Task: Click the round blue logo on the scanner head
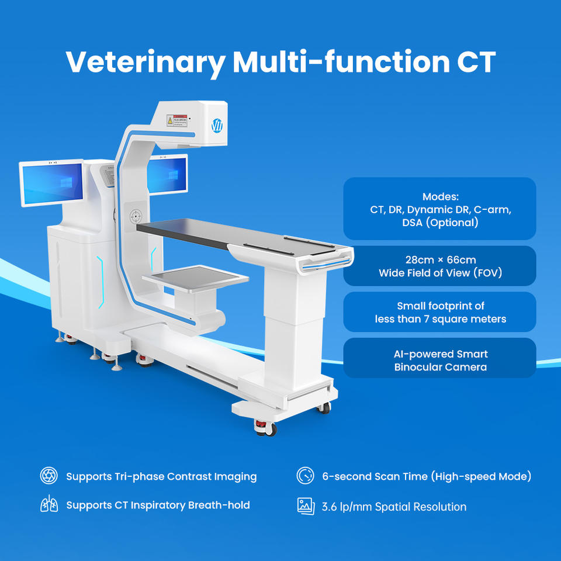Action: (x=217, y=126)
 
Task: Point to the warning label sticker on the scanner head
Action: (x=177, y=120)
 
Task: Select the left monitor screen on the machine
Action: (x=53, y=183)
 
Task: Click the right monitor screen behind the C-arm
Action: (x=167, y=175)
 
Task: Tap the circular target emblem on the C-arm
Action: (x=136, y=216)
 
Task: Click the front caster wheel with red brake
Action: (x=265, y=428)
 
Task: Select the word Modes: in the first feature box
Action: (x=441, y=196)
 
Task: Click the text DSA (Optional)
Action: (x=440, y=223)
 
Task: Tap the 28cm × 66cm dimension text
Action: (x=441, y=259)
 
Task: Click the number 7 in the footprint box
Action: (x=427, y=319)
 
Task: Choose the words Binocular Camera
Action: (x=441, y=367)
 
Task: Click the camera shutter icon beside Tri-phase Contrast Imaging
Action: (x=49, y=476)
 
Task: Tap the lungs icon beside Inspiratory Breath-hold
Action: (x=49, y=504)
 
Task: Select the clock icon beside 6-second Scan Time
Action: (x=305, y=476)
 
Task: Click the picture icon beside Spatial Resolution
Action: (x=306, y=506)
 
